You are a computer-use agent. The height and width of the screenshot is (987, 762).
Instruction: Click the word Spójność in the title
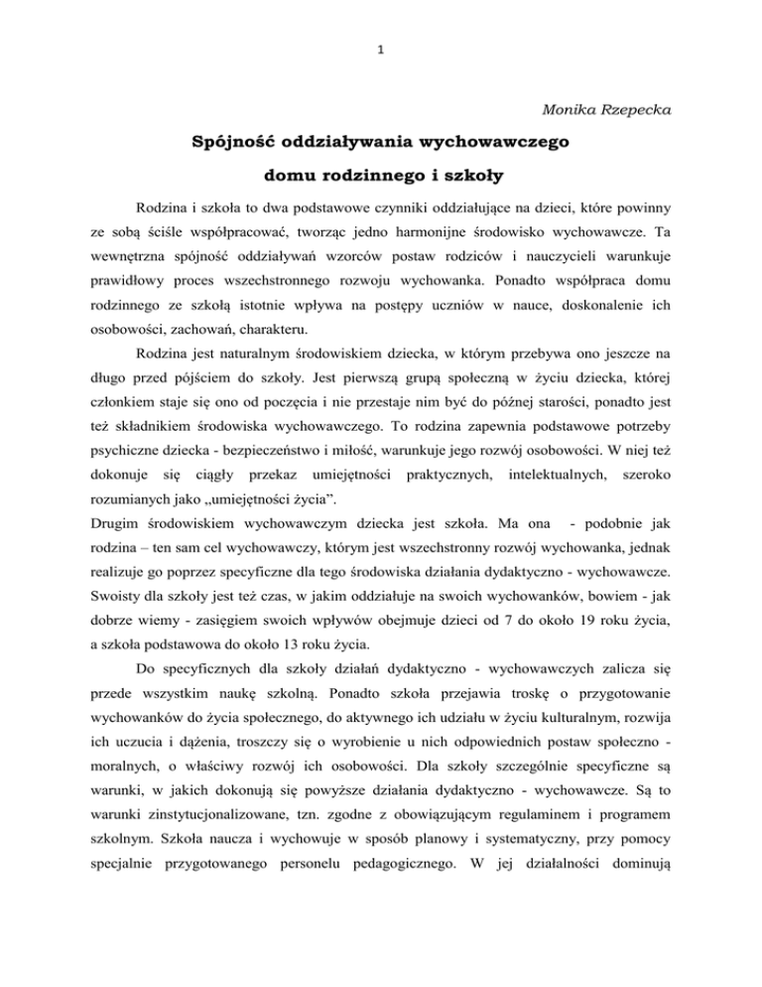click(239, 142)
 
